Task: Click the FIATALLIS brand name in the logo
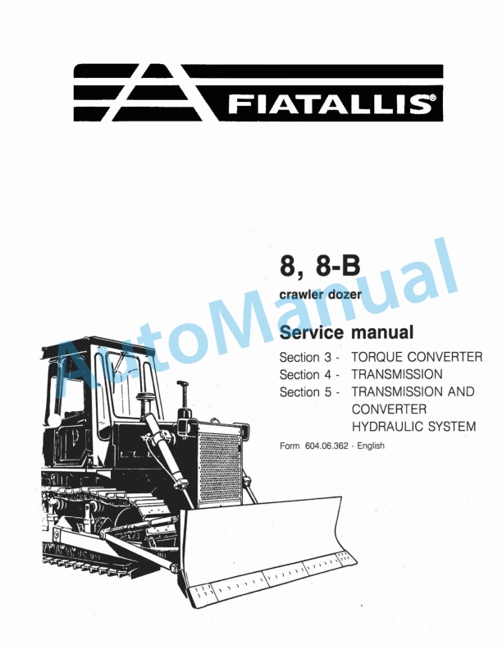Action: click(x=328, y=104)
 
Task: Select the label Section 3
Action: click(x=307, y=357)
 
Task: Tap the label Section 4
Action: click(x=307, y=374)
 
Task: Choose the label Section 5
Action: click(x=307, y=391)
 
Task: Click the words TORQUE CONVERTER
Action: click(x=416, y=357)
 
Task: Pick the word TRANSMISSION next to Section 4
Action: click(x=397, y=374)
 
